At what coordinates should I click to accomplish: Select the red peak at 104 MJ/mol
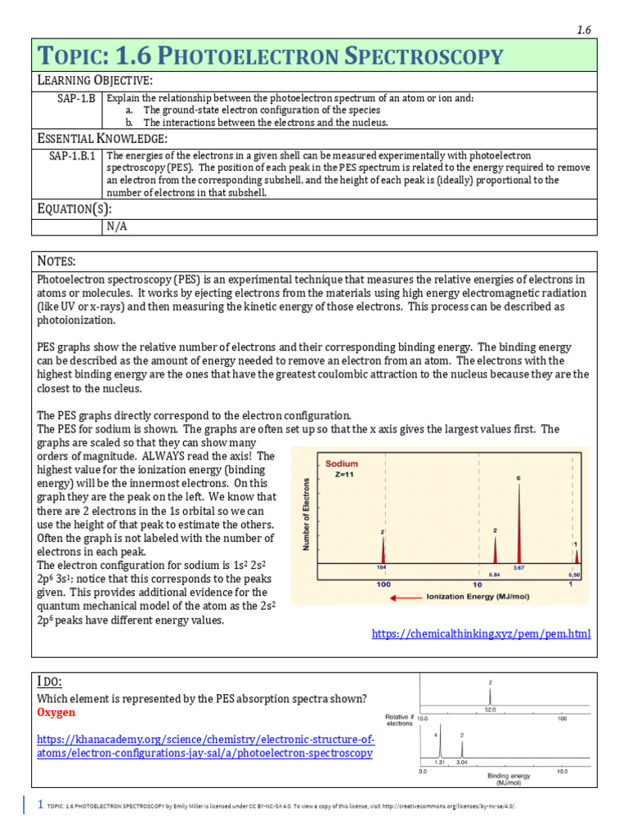pyautogui.click(x=382, y=550)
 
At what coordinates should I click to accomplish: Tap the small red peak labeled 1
pyautogui.click(x=576, y=556)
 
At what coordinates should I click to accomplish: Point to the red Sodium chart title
pyautogui.click(x=342, y=463)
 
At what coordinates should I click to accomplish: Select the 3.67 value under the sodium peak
pyautogui.click(x=518, y=567)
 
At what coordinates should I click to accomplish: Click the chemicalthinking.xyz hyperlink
pyautogui.click(x=481, y=633)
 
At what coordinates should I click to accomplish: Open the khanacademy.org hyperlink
pyautogui.click(x=205, y=745)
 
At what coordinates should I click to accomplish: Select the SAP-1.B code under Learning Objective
pyautogui.click(x=72, y=98)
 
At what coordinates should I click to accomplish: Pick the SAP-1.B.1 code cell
pyautogui.click(x=72, y=155)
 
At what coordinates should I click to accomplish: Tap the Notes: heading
pyautogui.click(x=57, y=261)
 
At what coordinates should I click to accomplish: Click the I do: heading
pyautogui.click(x=50, y=682)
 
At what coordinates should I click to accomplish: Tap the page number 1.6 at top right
pyautogui.click(x=584, y=29)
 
